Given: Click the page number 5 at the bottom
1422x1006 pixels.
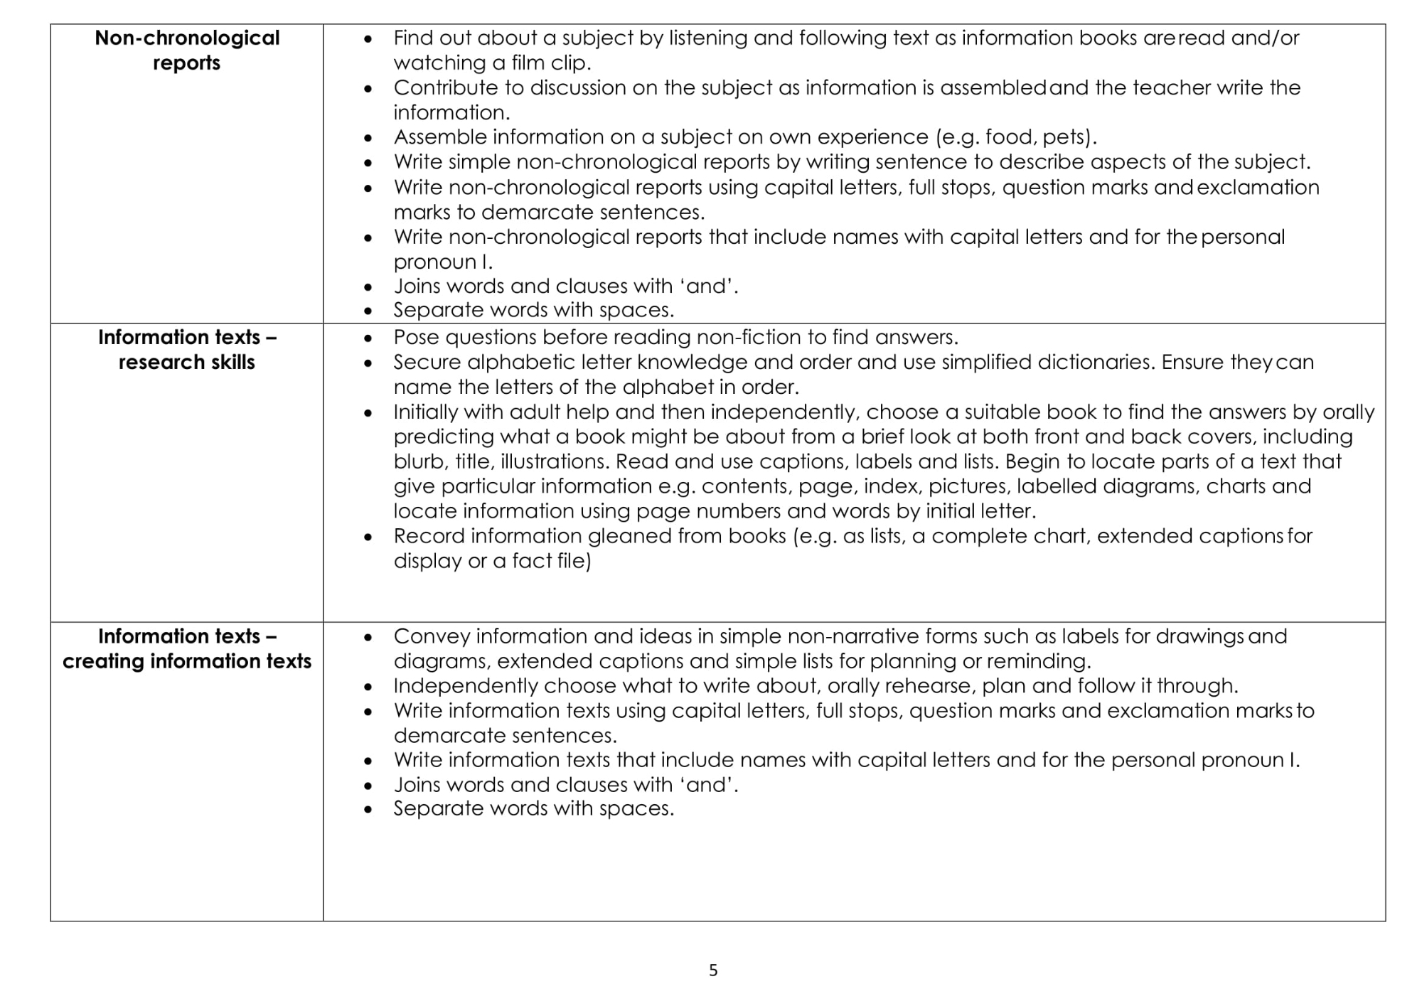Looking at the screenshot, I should [x=713, y=970].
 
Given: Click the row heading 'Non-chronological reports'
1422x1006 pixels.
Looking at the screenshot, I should [x=187, y=50].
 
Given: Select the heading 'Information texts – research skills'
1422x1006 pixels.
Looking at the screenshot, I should [x=187, y=349].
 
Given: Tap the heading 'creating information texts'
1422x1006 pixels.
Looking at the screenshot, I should [x=187, y=661].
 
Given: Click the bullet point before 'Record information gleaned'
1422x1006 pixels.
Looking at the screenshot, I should [x=368, y=537].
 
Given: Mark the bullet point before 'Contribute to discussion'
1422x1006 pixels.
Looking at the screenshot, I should [x=368, y=89].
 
